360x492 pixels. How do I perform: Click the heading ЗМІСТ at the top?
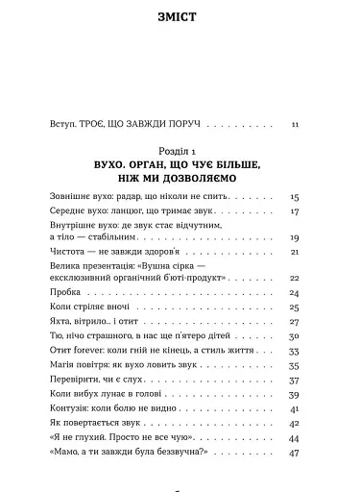[x=180, y=17]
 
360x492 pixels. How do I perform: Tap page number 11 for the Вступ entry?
[x=295, y=124]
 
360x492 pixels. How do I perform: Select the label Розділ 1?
[x=180, y=153]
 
